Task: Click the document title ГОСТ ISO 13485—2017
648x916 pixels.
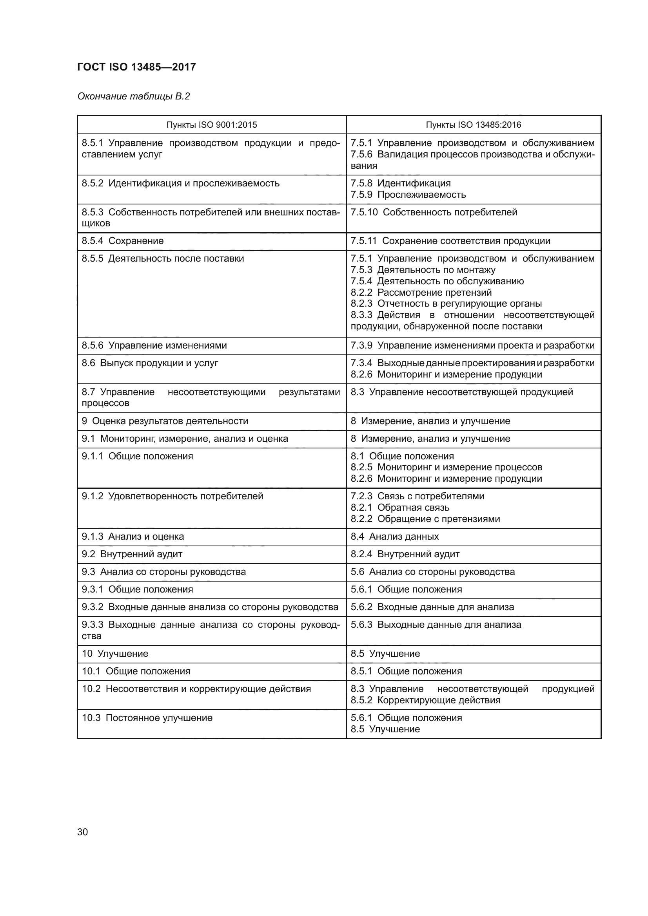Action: click(136, 67)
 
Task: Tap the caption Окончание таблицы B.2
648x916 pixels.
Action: click(133, 96)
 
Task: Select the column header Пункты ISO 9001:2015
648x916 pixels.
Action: click(212, 125)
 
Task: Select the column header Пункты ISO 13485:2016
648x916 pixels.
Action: click(473, 125)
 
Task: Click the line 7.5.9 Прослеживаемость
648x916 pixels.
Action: click(408, 195)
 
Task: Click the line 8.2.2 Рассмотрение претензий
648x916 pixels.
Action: click(421, 293)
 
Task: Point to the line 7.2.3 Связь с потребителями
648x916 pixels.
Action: click(417, 496)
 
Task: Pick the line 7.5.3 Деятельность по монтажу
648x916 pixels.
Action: click(423, 270)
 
